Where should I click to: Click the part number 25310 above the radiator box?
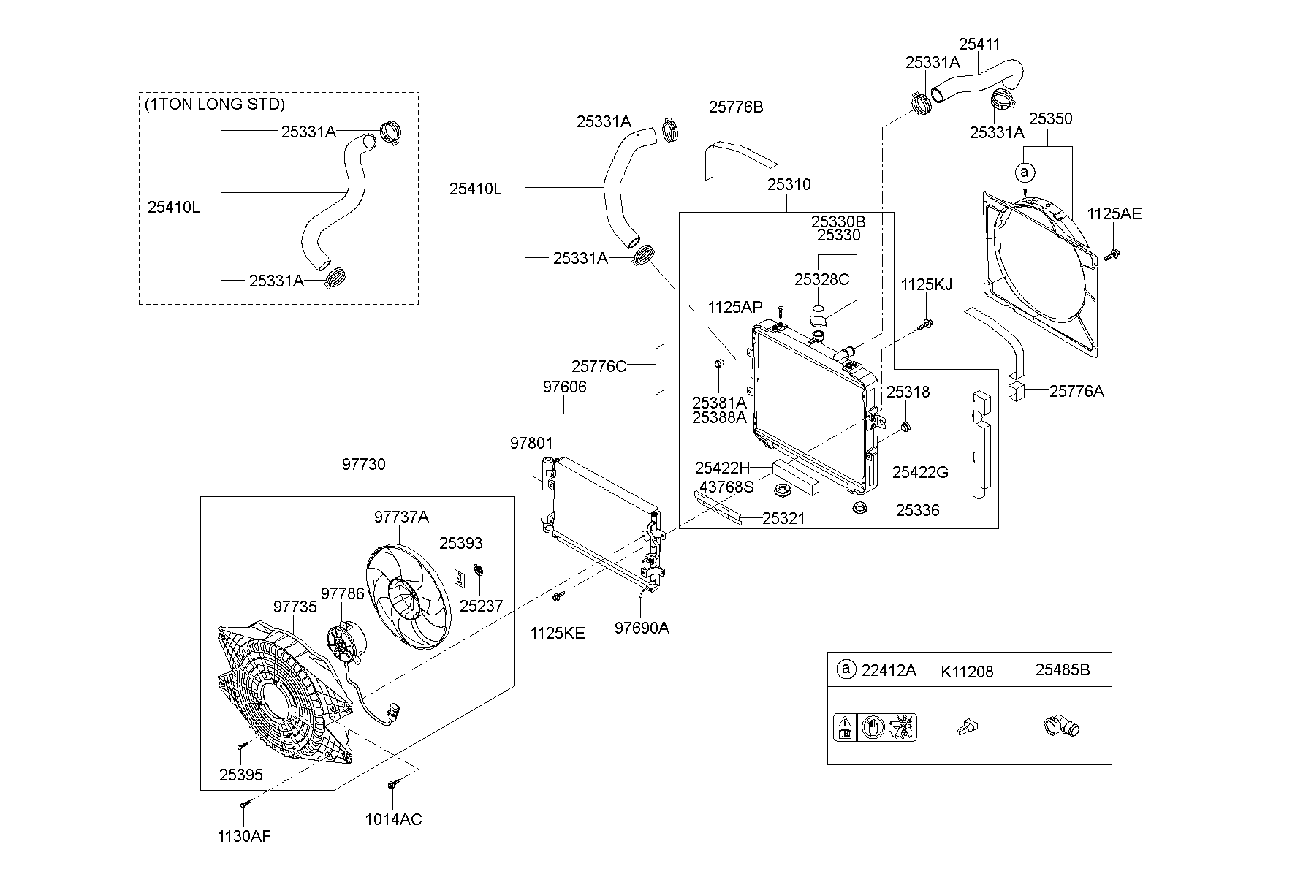pos(789,185)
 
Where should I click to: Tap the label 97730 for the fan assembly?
pos(363,465)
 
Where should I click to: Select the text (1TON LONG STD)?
pos(214,104)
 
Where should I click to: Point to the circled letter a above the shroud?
pos(1025,172)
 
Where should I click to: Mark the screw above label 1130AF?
pos(244,804)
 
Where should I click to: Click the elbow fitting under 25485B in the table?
pos(1060,728)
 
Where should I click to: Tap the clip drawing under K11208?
pos(966,727)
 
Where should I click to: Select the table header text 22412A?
pos(888,670)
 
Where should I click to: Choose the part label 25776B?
pos(736,107)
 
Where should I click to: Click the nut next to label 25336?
pos(859,508)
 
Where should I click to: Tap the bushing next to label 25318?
pos(905,426)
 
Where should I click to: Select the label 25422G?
pos(920,473)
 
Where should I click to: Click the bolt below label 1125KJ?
pos(927,323)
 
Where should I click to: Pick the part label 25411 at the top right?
pos(979,45)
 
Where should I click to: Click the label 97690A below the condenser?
pos(642,628)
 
